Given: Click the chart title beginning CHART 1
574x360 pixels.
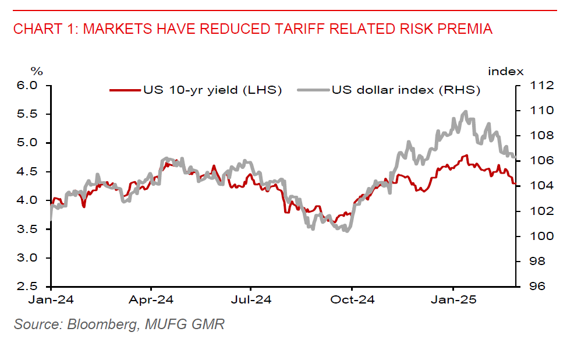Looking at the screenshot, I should click(x=253, y=29).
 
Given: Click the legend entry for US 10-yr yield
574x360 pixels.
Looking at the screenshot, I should click(x=212, y=90).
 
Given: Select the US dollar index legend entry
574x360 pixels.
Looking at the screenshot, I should click(x=406, y=90).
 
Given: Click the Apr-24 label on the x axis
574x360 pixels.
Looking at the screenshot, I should click(x=151, y=301).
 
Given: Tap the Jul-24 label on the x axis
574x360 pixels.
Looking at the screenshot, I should click(x=251, y=301).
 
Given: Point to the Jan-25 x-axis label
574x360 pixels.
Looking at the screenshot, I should click(x=453, y=301).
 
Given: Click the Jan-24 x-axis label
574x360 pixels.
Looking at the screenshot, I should click(x=51, y=301).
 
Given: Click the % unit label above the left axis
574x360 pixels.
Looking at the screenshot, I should click(x=37, y=72).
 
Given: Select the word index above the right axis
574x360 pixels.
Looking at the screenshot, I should click(x=505, y=72).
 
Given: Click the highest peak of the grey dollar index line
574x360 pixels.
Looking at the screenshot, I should click(x=465, y=111).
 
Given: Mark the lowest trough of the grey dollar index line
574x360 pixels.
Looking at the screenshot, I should click(x=347, y=231).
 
